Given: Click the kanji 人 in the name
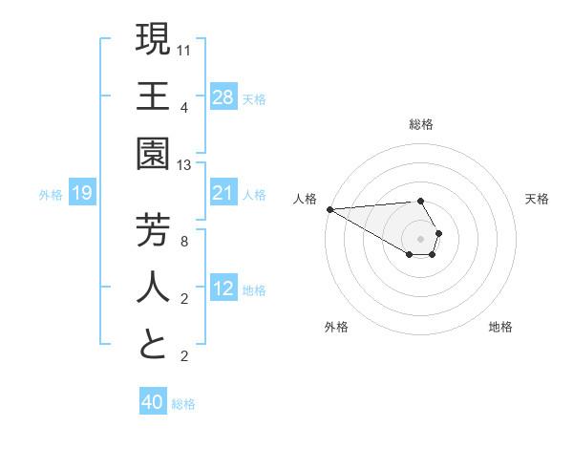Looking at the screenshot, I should [153, 287].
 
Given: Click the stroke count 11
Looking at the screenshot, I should [184, 50].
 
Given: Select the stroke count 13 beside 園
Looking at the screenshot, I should [184, 165].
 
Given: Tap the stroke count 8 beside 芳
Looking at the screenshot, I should [184, 242].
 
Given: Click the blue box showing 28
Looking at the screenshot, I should [223, 96].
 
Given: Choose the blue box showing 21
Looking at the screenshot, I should [223, 194].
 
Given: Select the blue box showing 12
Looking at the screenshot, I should [223, 289].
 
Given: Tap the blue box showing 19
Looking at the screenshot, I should [82, 194].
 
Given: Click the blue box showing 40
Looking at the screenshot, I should [153, 403].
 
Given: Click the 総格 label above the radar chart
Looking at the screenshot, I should [421, 124].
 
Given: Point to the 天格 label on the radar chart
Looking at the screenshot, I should [538, 199].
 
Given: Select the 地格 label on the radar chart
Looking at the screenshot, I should [500, 328].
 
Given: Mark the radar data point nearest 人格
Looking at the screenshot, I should [329, 209].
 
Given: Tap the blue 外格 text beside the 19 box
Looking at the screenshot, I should [51, 195].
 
